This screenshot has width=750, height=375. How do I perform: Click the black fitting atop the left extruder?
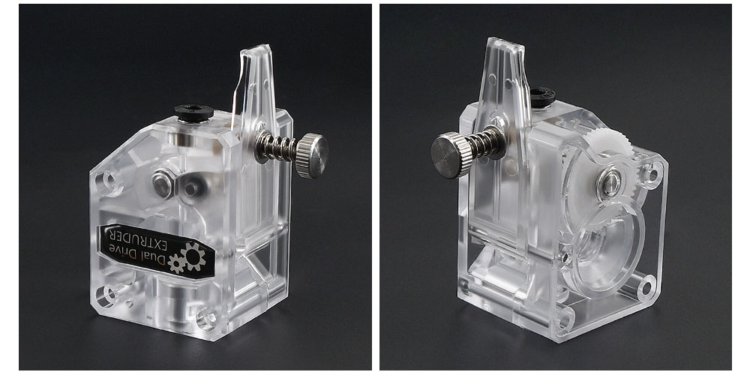193,112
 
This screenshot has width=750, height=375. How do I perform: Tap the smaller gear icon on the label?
177,263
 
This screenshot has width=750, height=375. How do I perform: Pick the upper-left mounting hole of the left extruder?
107,180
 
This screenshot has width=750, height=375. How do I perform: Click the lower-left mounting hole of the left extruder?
107,294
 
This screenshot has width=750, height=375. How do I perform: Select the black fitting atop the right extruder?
541,96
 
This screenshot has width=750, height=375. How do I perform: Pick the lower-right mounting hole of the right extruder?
645,286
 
